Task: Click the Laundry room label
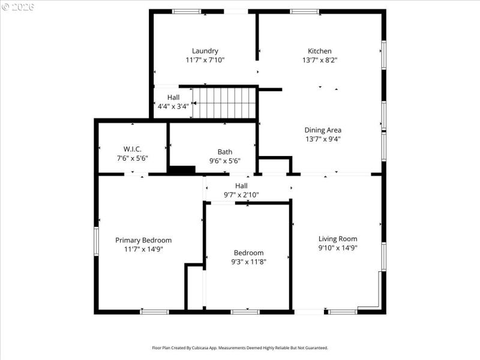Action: point(205,51)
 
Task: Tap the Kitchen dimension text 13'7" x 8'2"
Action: point(319,60)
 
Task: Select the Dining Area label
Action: point(323,130)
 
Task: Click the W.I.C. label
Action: point(132,149)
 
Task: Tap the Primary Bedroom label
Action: point(143,240)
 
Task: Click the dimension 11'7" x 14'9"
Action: point(143,248)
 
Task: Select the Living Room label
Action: point(338,238)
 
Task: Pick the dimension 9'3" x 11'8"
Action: point(248,262)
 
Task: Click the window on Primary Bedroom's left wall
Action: point(96,241)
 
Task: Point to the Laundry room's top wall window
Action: point(187,11)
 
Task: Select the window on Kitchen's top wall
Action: point(305,11)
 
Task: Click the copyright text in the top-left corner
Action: point(19,7)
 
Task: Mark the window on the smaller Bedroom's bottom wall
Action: point(245,311)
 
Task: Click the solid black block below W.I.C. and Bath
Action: point(181,170)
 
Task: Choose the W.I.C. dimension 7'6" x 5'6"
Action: point(132,158)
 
